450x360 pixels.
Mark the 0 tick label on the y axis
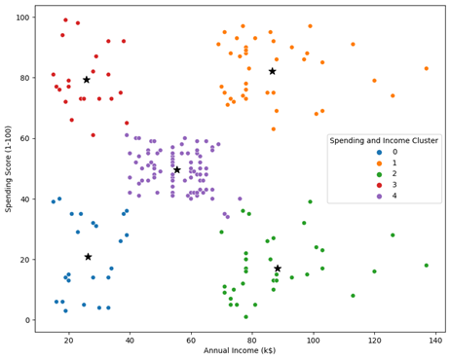pos(28,320)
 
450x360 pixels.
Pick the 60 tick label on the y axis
pos(25,138)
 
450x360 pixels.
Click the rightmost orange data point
pos(426,68)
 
